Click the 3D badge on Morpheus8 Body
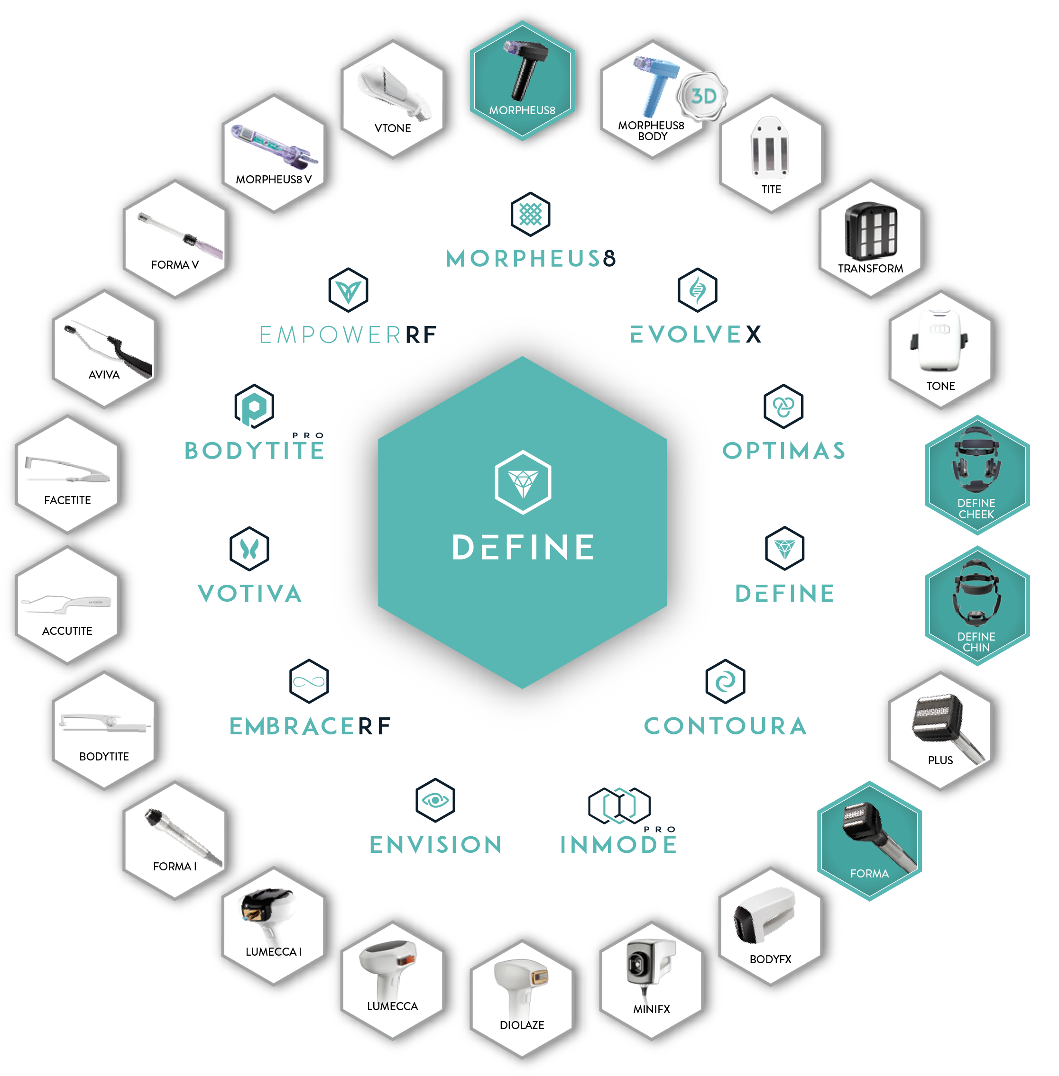[702, 96]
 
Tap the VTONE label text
[393, 128]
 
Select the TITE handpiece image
[770, 147]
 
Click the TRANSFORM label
[870, 269]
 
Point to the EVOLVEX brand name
[695, 335]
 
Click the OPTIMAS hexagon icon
[783, 406]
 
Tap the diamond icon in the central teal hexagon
[523, 482]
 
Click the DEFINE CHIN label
[976, 642]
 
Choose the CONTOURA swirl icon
[725, 681]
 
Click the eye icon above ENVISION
[435, 800]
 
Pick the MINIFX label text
[651, 1009]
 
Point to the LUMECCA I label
[273, 952]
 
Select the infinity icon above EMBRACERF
[309, 681]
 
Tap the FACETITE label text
[67, 500]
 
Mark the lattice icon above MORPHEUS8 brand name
[530, 214]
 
